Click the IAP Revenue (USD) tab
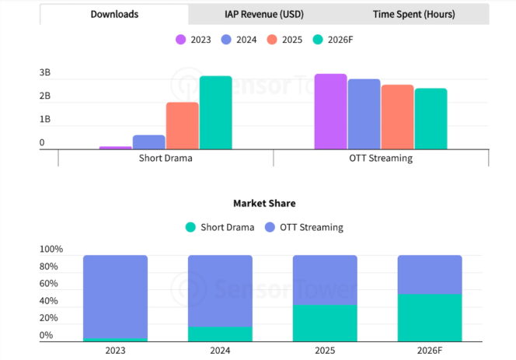click(264, 14)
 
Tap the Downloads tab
click(114, 14)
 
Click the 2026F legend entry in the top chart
click(333, 39)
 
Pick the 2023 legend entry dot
click(181, 39)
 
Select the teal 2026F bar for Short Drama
click(215, 113)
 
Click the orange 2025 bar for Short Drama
click(182, 126)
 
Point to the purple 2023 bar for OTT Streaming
click(330, 111)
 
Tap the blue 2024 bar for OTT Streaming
click(364, 114)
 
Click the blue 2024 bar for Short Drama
click(149, 142)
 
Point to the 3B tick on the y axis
click(46, 73)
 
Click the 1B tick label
click(46, 120)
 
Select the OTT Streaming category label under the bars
click(380, 158)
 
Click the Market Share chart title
click(264, 203)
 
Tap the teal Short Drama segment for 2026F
click(430, 318)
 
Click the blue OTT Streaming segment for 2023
click(115, 296)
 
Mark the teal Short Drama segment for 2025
click(325, 323)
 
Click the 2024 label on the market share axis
click(220, 351)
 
